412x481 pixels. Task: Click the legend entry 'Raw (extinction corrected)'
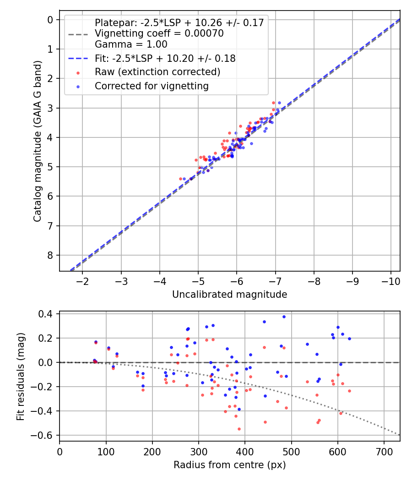(157, 72)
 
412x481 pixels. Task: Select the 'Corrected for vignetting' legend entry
(152, 86)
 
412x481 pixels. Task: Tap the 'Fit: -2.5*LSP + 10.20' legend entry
(165, 58)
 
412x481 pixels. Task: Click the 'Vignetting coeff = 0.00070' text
(159, 33)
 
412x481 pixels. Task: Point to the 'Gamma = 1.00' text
(131, 44)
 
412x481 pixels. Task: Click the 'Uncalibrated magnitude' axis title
(229, 295)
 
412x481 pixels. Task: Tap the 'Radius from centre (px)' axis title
(229, 465)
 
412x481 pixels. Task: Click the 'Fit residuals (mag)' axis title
(21, 377)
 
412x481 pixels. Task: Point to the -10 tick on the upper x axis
(390, 280)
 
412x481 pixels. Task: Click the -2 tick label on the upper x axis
(82, 280)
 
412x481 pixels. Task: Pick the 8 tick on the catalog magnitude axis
(51, 255)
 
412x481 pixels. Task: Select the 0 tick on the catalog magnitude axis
(51, 19)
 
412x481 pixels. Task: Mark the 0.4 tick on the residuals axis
(48, 314)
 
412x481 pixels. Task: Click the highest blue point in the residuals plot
(284, 317)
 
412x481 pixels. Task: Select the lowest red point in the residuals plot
(239, 429)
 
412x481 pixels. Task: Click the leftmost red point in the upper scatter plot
(181, 179)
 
